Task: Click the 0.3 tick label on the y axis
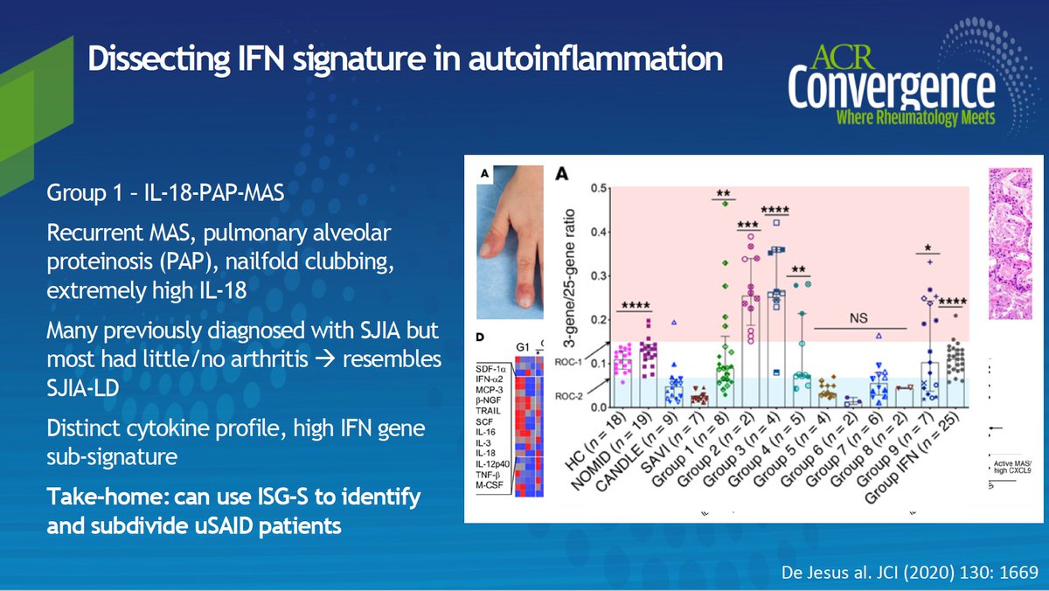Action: click(x=597, y=276)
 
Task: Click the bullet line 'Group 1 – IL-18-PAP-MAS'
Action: click(x=165, y=190)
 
